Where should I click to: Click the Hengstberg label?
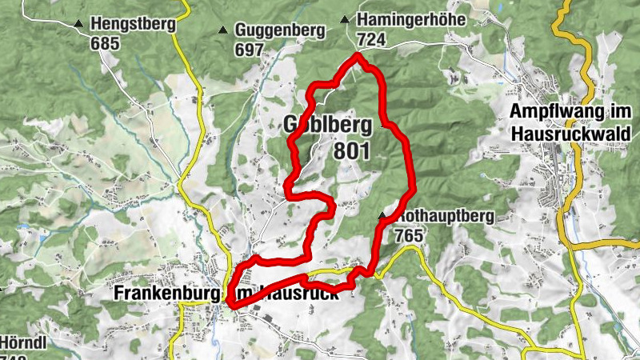coord(133,24)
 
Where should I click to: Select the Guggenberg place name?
coord(280,30)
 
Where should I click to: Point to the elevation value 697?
coord(250,50)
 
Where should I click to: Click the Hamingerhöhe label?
coord(411,19)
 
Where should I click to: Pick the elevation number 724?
coord(374,38)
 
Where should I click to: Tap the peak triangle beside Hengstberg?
coord(78,25)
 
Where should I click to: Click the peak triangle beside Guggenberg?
coord(222,31)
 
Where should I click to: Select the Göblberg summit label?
coord(328,125)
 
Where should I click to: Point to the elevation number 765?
coord(410,236)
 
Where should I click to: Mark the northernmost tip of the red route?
coord(357,56)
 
